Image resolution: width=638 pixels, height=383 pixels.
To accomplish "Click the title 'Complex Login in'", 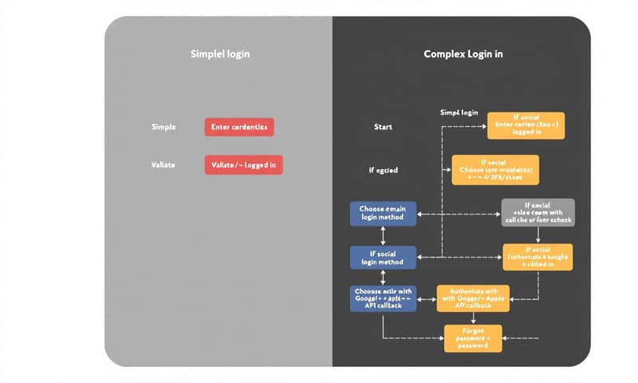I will click(462, 54).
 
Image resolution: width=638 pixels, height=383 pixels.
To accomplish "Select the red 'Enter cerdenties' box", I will click(239, 127).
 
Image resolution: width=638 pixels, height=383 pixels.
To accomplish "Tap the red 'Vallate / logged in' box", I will click(244, 164).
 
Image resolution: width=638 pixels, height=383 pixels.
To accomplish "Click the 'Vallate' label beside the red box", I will click(163, 164).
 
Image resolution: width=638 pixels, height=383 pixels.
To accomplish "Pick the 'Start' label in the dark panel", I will click(383, 127).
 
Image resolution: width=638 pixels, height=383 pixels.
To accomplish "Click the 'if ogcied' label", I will click(383, 170).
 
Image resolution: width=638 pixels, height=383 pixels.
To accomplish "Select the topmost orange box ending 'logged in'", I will click(526, 125).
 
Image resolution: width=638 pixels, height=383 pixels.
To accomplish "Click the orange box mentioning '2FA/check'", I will click(495, 170).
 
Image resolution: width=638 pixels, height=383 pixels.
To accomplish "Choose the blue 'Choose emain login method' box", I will click(383, 213).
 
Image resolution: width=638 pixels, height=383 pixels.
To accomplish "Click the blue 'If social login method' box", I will click(383, 257).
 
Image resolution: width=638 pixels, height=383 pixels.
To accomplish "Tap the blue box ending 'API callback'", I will click(383, 297).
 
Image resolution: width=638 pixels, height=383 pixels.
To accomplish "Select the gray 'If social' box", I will click(538, 212).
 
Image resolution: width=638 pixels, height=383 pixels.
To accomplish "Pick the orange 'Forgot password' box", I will click(473, 338).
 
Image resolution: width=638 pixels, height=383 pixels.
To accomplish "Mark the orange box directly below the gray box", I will click(538, 257).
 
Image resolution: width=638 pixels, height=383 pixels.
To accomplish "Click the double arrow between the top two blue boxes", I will click(383, 235).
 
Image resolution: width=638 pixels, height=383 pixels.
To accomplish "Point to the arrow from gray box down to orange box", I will click(538, 235).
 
